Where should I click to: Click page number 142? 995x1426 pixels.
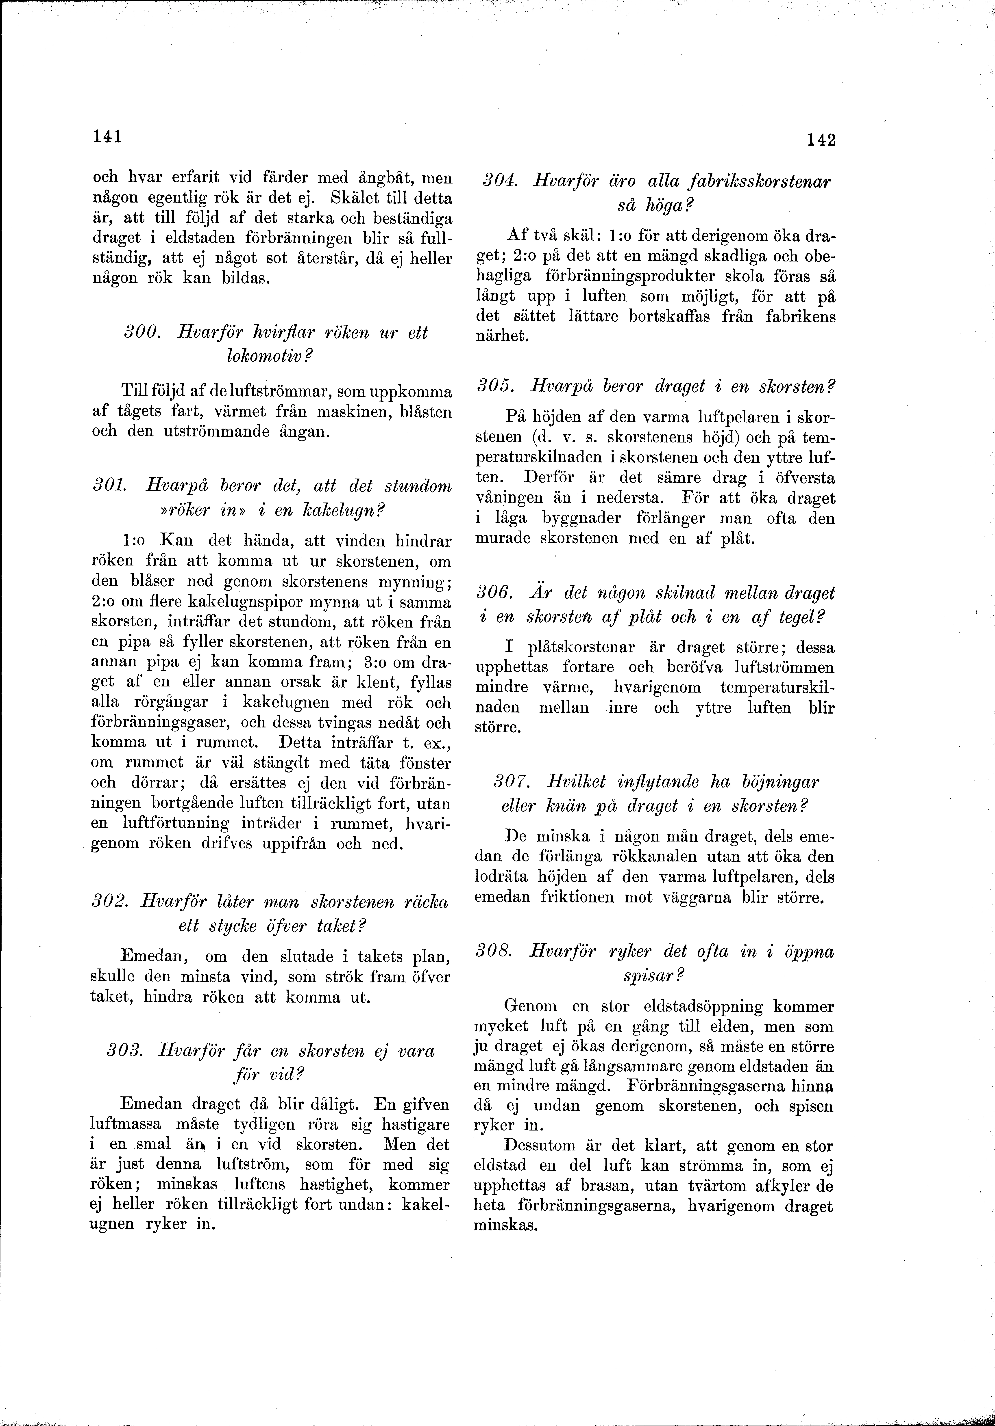(821, 140)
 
